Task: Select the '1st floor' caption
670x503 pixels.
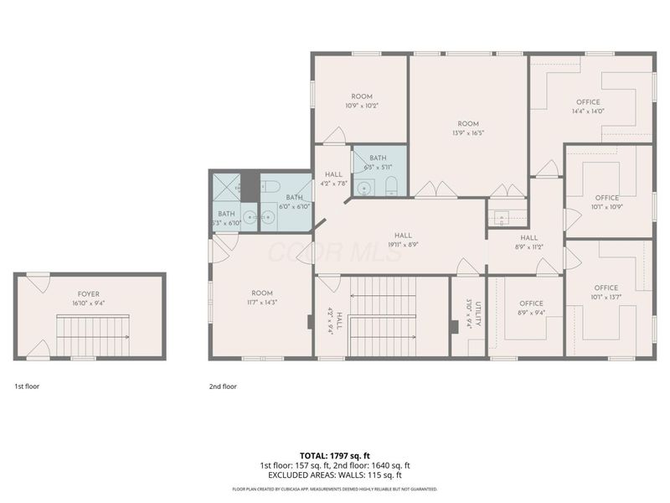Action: click(x=27, y=386)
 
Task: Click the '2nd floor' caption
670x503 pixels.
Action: click(x=224, y=386)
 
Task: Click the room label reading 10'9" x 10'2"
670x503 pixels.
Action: click(x=362, y=101)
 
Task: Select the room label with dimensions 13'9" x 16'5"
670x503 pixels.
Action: click(x=467, y=128)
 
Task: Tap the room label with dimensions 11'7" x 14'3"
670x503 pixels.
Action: click(x=261, y=297)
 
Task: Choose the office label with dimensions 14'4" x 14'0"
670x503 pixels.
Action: click(x=588, y=106)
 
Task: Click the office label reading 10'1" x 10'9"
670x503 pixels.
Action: click(x=607, y=202)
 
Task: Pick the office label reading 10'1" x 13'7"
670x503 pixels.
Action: click(x=606, y=293)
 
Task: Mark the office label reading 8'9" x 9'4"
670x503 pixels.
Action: click(x=531, y=308)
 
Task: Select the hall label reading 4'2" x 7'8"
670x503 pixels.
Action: click(x=333, y=179)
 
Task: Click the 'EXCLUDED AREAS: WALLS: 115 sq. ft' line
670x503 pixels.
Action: click(x=334, y=475)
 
